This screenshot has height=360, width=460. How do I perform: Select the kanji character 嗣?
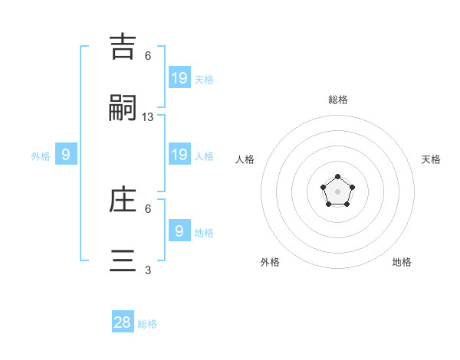pos(123,109)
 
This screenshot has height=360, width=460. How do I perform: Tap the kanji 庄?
pos(123,201)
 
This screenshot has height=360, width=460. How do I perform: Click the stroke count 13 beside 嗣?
pos(148,117)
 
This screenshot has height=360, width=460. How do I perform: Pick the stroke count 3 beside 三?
pos(148,270)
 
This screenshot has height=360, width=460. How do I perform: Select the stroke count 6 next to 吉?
pos(148,56)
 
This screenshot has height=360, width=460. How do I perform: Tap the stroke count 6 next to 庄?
pos(148,208)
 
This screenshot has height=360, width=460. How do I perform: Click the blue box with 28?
pos(123,322)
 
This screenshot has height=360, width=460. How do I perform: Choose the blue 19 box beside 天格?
pos(179,77)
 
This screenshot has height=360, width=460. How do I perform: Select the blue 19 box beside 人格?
pos(179,154)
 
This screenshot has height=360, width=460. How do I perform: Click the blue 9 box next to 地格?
pos(179,231)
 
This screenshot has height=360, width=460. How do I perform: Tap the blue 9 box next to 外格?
pos(66,154)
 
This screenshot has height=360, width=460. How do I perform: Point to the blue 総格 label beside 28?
pos(147,324)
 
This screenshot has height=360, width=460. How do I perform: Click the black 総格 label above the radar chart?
pos(338,100)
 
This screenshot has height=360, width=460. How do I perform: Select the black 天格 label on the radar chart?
pos(431,159)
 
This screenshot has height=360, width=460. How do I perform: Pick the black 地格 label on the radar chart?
pos(402,262)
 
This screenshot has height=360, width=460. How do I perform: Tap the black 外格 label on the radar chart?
pos(270,262)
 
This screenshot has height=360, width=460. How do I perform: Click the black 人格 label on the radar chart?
pos(245,159)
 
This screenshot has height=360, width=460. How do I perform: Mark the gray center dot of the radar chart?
pos(337,191)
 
